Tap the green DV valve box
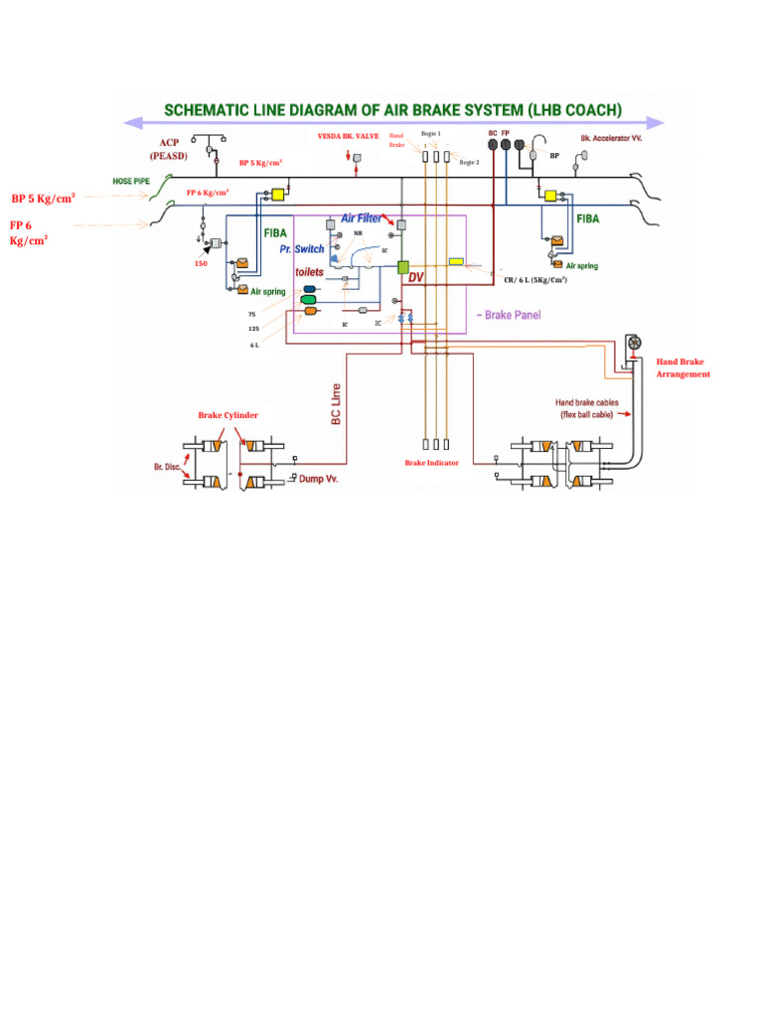pyautogui.click(x=403, y=266)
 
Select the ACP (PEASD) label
pyautogui.click(x=168, y=150)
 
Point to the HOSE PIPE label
pyautogui.click(x=131, y=183)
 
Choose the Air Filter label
pyautogui.click(x=362, y=218)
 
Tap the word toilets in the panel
pyautogui.click(x=309, y=271)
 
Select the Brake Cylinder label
pyautogui.click(x=228, y=414)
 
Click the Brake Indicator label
pyautogui.click(x=431, y=463)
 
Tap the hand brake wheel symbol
pyautogui.click(x=634, y=343)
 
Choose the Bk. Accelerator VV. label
pyautogui.click(x=611, y=138)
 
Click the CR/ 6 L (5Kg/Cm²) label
pyautogui.click(x=535, y=280)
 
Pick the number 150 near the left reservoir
pyautogui.click(x=201, y=263)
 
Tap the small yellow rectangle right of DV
pyautogui.click(x=457, y=261)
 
